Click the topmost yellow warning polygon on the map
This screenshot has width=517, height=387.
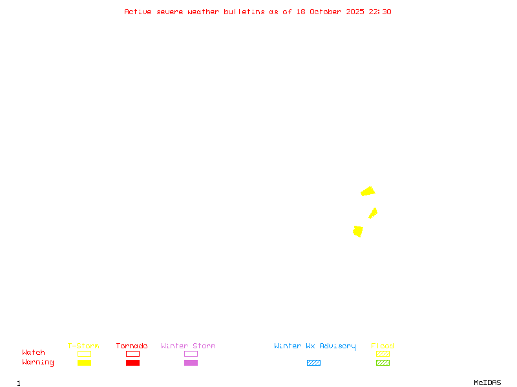point(368,191)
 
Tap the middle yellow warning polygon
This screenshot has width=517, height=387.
point(373,213)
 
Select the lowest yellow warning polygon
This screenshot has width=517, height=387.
point(358,231)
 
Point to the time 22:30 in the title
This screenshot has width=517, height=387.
point(379,12)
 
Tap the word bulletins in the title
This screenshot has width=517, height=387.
point(244,12)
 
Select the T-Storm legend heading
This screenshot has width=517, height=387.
point(83,346)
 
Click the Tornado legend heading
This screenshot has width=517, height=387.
point(132,346)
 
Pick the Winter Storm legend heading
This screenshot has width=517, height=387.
point(188,346)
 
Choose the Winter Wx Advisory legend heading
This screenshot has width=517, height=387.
point(315,346)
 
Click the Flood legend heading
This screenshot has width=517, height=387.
point(383,346)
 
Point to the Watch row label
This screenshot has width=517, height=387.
point(34,353)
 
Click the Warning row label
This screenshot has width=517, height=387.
point(38,362)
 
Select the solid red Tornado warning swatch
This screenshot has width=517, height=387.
point(132,362)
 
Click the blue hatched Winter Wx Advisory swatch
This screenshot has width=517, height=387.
point(313,362)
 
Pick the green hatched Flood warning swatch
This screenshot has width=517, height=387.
point(383,362)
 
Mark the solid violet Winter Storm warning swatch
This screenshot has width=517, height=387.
point(191,362)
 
